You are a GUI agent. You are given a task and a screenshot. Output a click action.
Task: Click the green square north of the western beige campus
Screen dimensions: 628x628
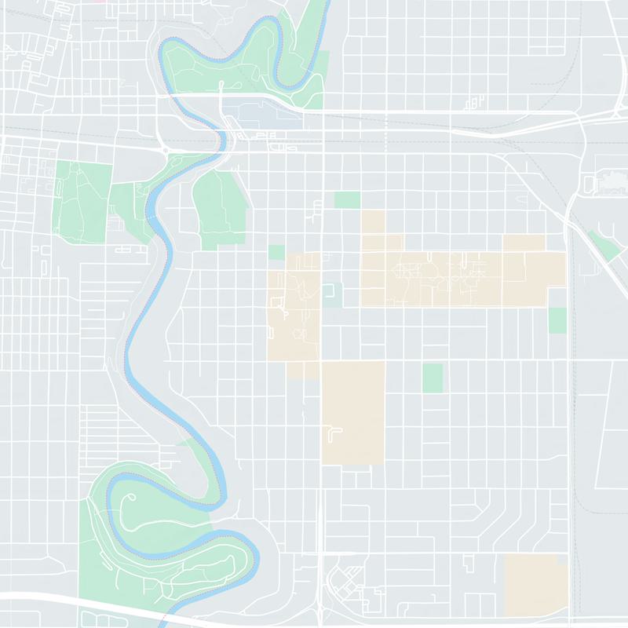276,252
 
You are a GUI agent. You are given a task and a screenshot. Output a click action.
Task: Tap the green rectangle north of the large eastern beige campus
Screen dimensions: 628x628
346,199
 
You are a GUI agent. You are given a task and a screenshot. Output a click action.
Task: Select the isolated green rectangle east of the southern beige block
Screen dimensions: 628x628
433,378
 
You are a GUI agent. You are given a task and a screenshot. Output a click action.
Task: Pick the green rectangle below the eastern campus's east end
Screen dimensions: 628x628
557,319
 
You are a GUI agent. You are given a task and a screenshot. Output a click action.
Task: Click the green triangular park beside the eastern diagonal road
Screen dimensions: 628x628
603,246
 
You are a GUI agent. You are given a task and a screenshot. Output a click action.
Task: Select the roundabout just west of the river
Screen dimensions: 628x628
165,148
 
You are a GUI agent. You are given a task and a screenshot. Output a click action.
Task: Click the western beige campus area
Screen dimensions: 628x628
294,314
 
